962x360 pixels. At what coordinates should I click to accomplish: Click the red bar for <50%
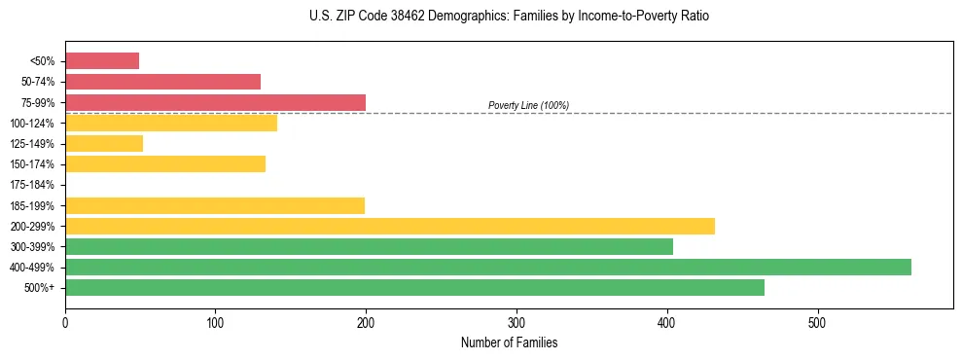tap(102, 61)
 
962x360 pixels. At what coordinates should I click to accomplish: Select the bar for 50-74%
tap(162, 82)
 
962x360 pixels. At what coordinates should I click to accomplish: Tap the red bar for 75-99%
tap(215, 102)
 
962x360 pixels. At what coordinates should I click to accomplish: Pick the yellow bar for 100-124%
tap(171, 123)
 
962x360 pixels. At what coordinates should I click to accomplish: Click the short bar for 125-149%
tap(104, 143)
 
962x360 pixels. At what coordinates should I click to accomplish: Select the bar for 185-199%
tap(215, 205)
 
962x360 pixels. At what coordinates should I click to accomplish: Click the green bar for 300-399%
tap(369, 246)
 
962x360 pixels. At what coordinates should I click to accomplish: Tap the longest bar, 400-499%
tap(488, 267)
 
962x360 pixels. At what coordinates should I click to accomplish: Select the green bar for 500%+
tap(414, 287)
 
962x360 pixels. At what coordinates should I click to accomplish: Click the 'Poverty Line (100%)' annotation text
tap(528, 105)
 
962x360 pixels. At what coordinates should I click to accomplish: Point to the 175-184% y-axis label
tap(34, 185)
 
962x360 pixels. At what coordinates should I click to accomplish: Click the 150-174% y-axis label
tap(34, 164)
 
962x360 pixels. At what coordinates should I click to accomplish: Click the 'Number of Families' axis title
tap(509, 342)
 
